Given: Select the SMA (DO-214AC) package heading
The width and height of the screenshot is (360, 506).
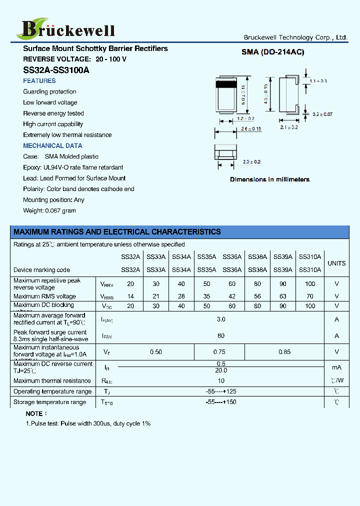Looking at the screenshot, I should pyautogui.click(x=272, y=52).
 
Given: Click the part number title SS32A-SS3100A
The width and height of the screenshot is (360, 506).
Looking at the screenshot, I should pyautogui.click(x=56, y=70).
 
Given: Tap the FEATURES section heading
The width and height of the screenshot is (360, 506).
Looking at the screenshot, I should pyautogui.click(x=39, y=81).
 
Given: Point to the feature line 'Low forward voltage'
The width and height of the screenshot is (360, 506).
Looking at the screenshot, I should pyautogui.click(x=50, y=102).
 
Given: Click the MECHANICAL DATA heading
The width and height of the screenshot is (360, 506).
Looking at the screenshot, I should pyautogui.click(x=52, y=146).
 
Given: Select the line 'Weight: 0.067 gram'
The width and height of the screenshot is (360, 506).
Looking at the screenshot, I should pyautogui.click(x=49, y=210).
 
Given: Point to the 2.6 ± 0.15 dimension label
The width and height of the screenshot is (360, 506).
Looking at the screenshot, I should pyautogui.click(x=251, y=129).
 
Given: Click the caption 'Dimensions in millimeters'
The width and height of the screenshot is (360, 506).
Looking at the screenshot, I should pyautogui.click(x=269, y=179).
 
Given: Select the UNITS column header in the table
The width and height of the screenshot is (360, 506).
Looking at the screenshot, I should pyautogui.click(x=336, y=263).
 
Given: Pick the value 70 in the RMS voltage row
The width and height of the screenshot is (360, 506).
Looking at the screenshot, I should pyautogui.click(x=310, y=296).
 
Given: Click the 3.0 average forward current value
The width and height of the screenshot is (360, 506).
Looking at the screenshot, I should pyautogui.click(x=221, y=319).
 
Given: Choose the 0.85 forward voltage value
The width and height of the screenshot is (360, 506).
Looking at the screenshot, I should pyautogui.click(x=284, y=352).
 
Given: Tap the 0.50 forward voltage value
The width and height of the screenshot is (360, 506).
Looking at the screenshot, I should pyautogui.click(x=156, y=352).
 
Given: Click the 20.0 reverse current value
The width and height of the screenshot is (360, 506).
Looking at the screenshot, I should pyautogui.click(x=221, y=370).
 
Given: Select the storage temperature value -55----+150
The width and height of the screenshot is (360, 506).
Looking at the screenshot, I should pyautogui.click(x=221, y=402).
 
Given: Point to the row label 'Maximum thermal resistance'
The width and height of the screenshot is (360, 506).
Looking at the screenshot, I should pyautogui.click(x=52, y=381).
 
